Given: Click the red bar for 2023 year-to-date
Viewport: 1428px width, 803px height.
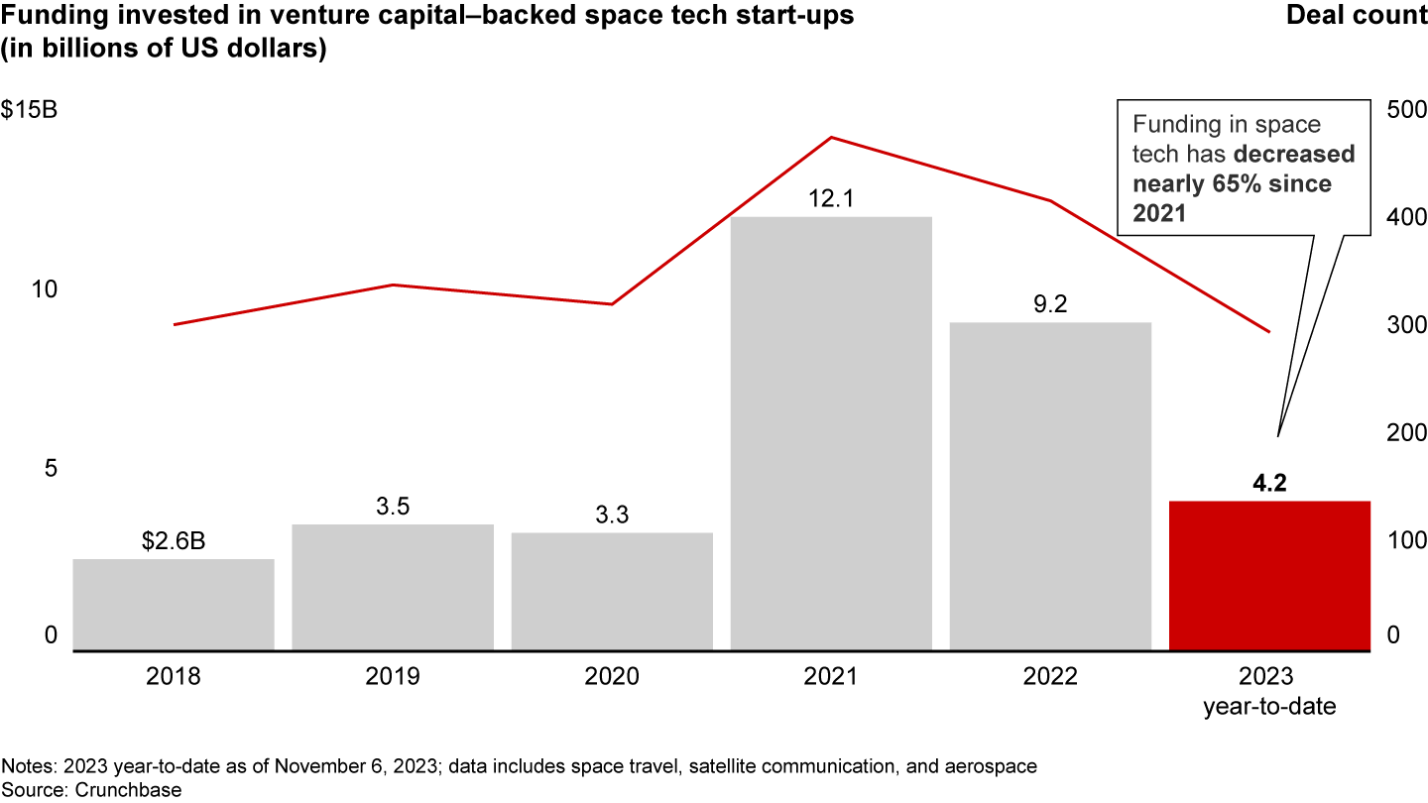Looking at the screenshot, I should point(1269,575).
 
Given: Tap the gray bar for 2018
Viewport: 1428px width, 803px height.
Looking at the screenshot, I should point(174,605).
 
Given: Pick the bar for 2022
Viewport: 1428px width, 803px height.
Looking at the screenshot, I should point(1050,486).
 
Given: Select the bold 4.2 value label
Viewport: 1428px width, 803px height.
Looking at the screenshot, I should point(1269,484).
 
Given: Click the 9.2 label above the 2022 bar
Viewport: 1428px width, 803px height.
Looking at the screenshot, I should point(1050,305).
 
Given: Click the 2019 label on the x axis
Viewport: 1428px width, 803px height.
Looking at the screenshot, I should point(393,677).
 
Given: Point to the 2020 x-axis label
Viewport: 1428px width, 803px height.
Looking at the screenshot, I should point(612,677).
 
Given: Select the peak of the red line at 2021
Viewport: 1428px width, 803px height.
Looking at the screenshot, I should point(831,137).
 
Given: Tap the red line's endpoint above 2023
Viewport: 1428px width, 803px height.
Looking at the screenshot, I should point(1269,331).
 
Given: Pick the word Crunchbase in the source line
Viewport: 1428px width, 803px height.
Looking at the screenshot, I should point(100,790).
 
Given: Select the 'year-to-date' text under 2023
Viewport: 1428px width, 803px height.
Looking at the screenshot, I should point(1269,707).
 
